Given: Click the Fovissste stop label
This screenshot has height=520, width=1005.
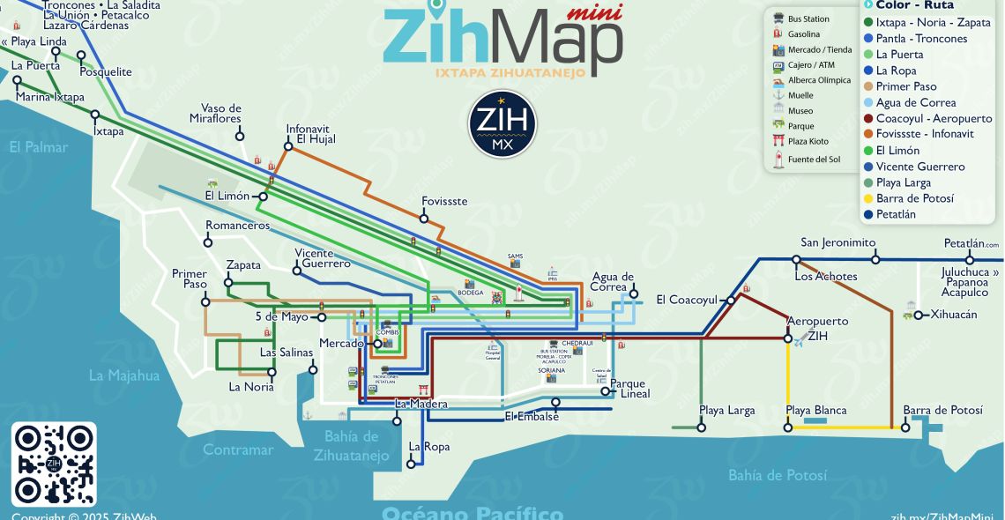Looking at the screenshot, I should [444, 202].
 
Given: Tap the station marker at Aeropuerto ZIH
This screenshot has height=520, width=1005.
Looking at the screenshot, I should [788, 338].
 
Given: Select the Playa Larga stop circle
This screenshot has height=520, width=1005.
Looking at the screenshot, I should [701, 427].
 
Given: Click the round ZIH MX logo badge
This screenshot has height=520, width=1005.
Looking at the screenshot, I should [502, 124].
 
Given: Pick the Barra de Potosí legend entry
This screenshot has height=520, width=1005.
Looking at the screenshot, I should [914, 198].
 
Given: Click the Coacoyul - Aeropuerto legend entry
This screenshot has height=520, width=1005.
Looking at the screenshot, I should [934, 118].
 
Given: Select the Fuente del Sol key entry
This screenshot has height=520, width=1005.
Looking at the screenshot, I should [814, 160].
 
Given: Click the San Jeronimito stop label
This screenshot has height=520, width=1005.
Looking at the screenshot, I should [837, 243].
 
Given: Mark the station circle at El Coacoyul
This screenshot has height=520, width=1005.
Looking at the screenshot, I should [730, 301].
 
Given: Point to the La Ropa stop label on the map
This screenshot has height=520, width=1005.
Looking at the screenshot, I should [428, 447].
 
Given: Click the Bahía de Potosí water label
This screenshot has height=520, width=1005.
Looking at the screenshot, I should [777, 475].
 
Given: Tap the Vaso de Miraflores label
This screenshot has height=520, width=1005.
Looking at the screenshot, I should [215, 114].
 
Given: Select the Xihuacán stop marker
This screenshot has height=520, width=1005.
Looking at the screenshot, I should [919, 315].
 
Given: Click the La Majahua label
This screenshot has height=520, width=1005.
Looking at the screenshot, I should [124, 375].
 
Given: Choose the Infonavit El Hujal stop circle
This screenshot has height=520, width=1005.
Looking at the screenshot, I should [287, 145].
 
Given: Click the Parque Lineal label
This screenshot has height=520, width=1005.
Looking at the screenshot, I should [629, 389].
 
